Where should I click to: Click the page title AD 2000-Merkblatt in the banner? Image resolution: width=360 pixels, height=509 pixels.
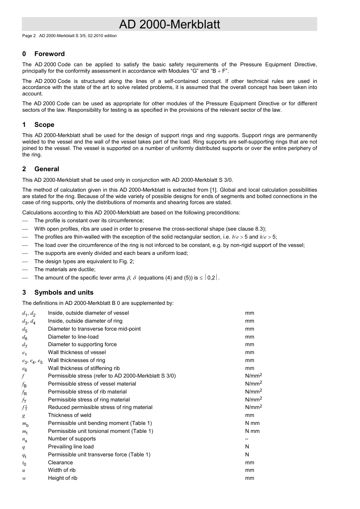coord(169,24)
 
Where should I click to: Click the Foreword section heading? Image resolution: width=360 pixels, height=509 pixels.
coord(49,54)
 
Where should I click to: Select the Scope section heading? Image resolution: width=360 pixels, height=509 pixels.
coord(44,125)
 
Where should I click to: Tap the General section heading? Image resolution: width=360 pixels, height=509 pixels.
coord(47,169)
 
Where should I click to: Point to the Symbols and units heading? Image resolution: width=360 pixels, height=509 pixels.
coord(64,292)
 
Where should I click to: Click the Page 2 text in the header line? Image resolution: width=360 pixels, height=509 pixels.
coord(29,36)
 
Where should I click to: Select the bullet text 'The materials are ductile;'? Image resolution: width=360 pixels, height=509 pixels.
coord(65,269)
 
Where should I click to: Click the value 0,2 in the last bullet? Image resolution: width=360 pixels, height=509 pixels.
coord(211,278)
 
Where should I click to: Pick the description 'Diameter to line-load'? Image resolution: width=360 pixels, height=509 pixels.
coord(73,337)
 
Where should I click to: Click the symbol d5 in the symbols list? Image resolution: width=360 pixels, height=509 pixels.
coord(25,329)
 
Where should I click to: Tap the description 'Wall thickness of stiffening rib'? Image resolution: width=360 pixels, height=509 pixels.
coord(84,368)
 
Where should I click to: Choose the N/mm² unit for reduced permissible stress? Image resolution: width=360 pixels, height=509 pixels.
coord(254,407)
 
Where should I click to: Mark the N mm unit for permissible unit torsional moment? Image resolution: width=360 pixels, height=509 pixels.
coord(252,431)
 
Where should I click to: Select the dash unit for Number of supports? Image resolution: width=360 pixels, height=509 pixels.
coord(247,439)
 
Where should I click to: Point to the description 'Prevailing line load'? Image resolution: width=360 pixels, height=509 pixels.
coord(71,447)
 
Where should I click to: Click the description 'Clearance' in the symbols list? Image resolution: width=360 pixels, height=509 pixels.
coord(60,462)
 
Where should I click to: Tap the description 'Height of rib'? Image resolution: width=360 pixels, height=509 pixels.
coord(63,478)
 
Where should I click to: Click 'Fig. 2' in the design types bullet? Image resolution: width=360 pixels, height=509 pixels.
coord(126,261)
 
